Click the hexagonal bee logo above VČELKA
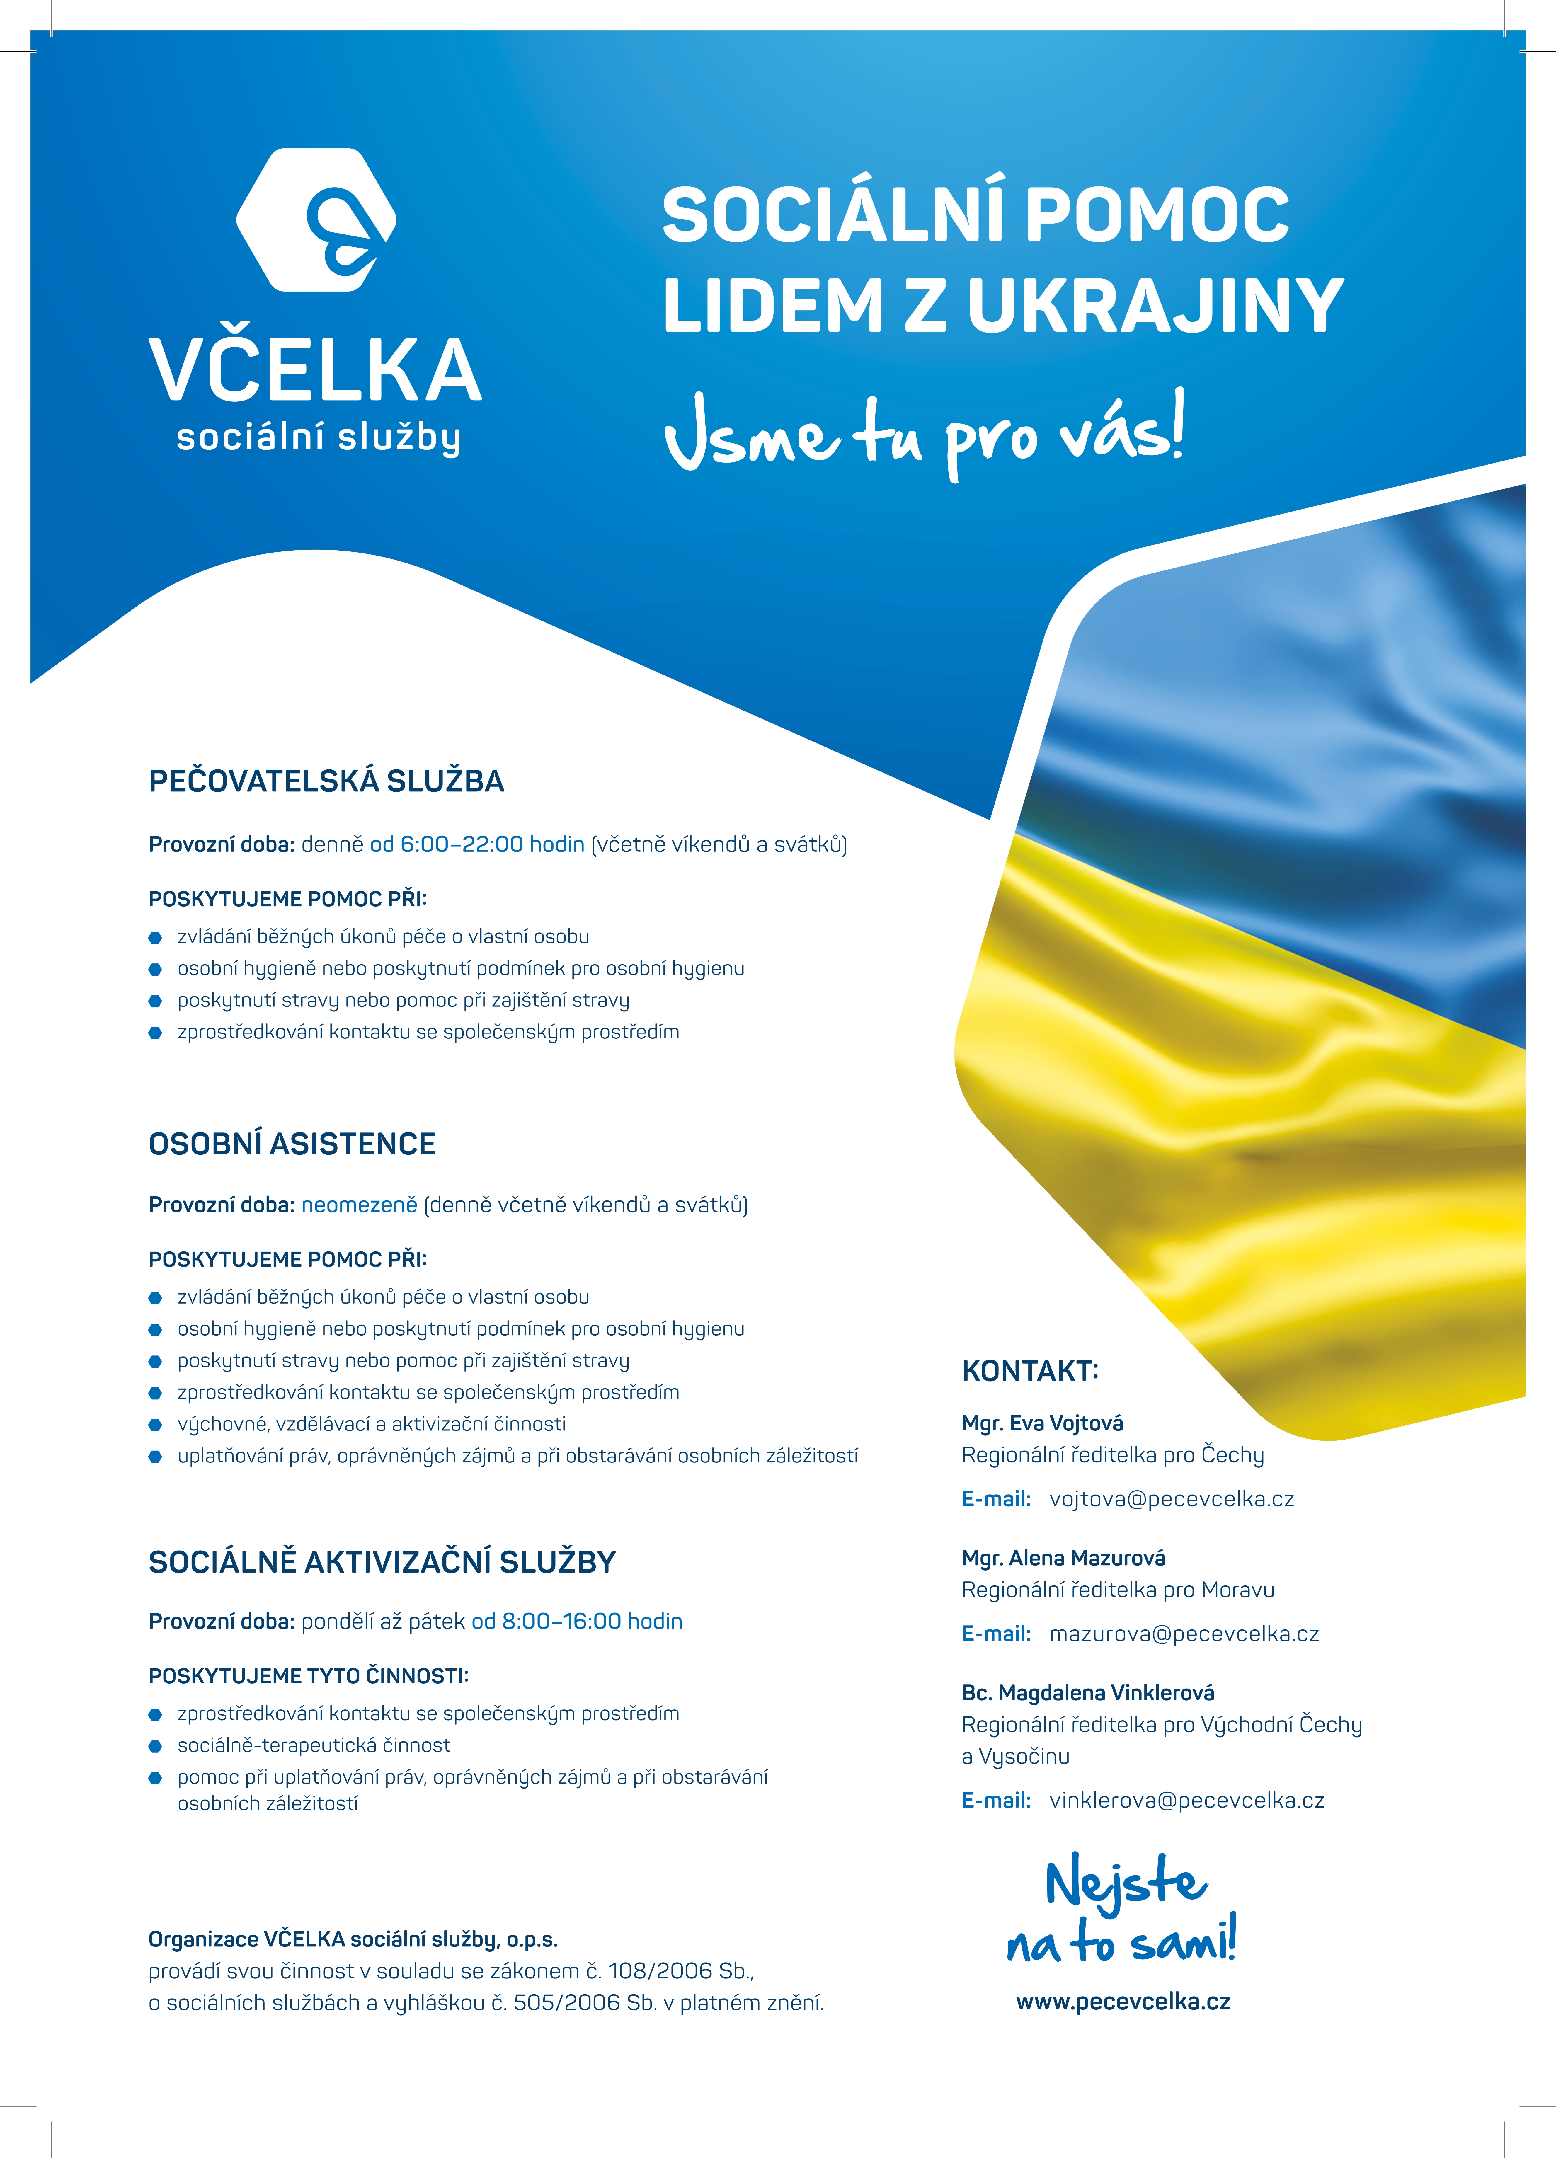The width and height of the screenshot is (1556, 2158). [316, 220]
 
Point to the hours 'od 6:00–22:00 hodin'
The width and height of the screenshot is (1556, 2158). [477, 844]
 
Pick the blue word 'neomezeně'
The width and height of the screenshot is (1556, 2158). [359, 1205]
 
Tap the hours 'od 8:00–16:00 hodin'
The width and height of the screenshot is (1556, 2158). [577, 1621]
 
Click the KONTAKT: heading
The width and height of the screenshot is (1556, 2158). [1030, 1371]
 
